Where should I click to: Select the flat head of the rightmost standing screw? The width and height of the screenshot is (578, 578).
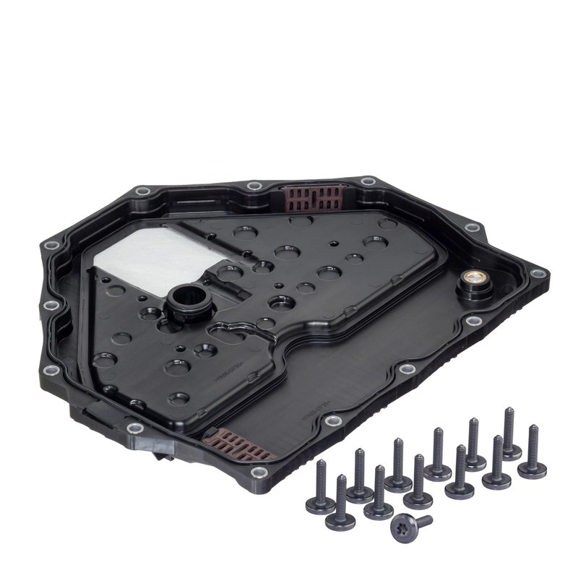point(532,471)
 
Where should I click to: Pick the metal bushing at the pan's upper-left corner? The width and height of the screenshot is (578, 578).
point(142,192)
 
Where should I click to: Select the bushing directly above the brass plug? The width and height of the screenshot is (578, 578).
point(473,229)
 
